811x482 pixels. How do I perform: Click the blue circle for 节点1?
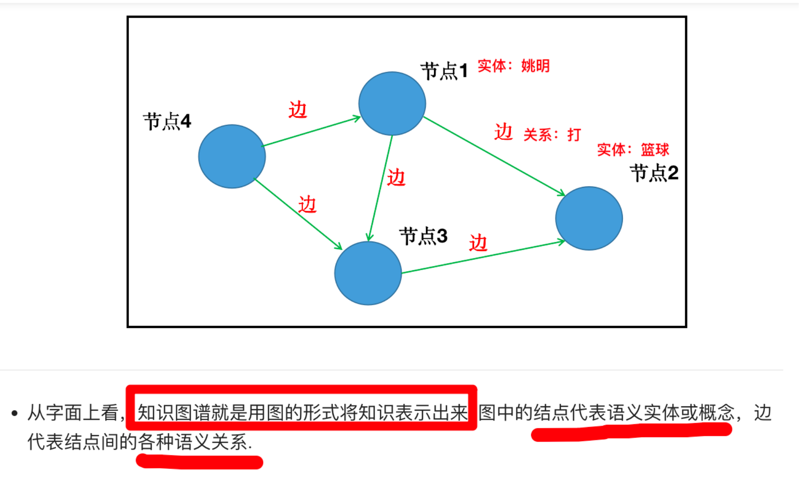[392, 104]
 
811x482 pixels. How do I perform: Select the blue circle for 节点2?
[589, 218]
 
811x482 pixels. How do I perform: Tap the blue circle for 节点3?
[368, 273]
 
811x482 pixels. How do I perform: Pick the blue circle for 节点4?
[232, 156]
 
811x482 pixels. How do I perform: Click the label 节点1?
[444, 71]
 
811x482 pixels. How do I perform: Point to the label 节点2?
[654, 173]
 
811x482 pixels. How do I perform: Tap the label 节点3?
[423, 236]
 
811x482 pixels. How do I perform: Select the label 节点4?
[167, 121]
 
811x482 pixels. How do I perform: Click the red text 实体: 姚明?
[513, 66]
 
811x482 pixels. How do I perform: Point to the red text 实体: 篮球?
[633, 150]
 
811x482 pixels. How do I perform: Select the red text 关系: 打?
[552, 135]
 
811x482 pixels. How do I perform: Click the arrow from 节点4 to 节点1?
[311, 131]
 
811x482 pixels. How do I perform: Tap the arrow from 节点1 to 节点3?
[381, 188]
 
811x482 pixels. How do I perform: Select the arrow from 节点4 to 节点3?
[298, 214]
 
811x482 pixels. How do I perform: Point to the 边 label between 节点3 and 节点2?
[478, 243]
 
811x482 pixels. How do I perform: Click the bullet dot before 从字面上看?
[15, 413]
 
